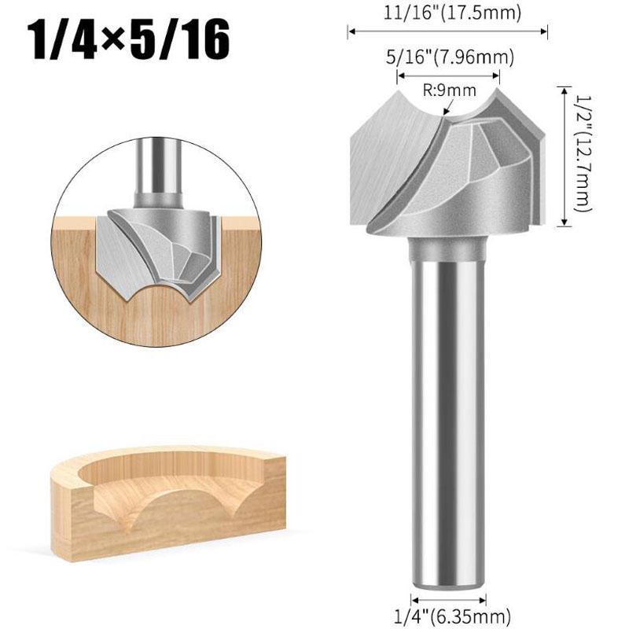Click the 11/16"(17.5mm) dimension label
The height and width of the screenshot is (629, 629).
pos(453,13)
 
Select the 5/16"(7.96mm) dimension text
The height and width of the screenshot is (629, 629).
pos(450,57)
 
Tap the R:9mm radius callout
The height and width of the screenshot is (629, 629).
pos(450,90)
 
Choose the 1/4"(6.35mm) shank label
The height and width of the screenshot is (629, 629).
pos(453,616)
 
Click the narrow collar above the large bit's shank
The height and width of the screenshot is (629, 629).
pos(448,248)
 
